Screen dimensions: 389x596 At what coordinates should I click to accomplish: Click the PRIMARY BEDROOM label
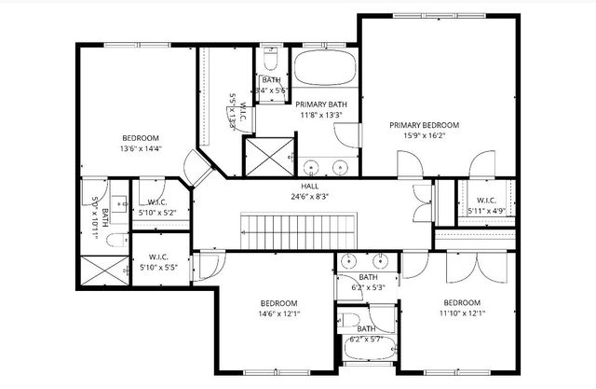click(x=424, y=125)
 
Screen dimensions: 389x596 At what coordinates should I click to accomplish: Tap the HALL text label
click(x=297, y=186)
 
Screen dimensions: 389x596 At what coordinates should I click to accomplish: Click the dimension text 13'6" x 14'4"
click(x=141, y=148)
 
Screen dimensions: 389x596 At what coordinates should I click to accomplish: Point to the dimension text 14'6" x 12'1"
click(x=278, y=314)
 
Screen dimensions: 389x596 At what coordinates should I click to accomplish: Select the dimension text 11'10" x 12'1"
click(x=461, y=314)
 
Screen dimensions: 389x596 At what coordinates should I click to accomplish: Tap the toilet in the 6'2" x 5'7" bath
click(x=348, y=322)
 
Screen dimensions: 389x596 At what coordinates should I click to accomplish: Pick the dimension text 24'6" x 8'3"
click(x=297, y=197)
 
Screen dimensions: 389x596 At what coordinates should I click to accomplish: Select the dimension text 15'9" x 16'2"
click(x=424, y=136)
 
